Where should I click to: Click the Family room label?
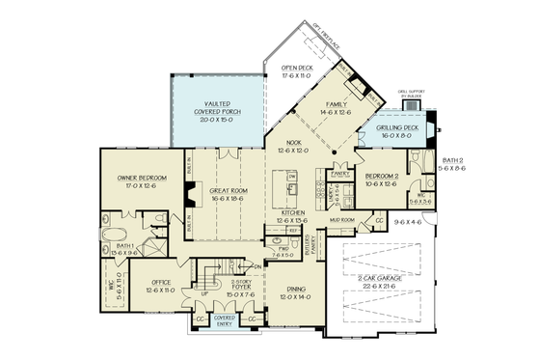pyautogui.click(x=337, y=107)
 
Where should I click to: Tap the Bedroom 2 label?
pyautogui.click(x=383, y=178)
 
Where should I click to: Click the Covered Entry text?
pyautogui.click(x=224, y=318)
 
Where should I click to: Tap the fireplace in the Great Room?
pyautogui.click(x=192, y=192)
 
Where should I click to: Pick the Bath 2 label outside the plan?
pyautogui.click(x=453, y=164)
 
